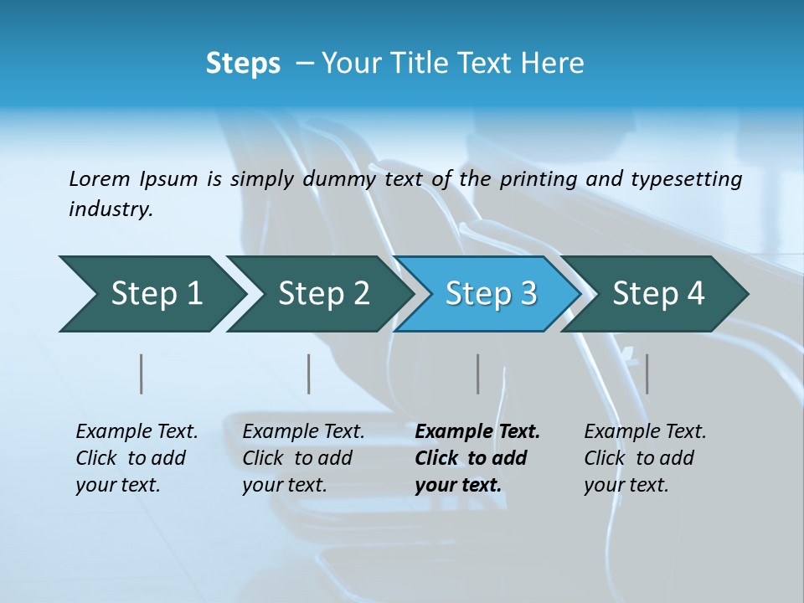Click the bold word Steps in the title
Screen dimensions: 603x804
click(243, 64)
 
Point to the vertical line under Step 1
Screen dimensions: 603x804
click(142, 374)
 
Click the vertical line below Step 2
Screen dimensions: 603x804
click(309, 374)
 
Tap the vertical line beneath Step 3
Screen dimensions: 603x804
click(478, 374)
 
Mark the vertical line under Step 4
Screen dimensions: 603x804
click(647, 374)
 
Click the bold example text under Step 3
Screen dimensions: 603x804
click(477, 458)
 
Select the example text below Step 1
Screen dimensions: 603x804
click(137, 458)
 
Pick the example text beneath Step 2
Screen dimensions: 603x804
click(303, 458)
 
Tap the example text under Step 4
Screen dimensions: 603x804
click(645, 458)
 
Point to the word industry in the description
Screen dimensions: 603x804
click(111, 209)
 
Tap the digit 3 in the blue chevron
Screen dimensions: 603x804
click(528, 294)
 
